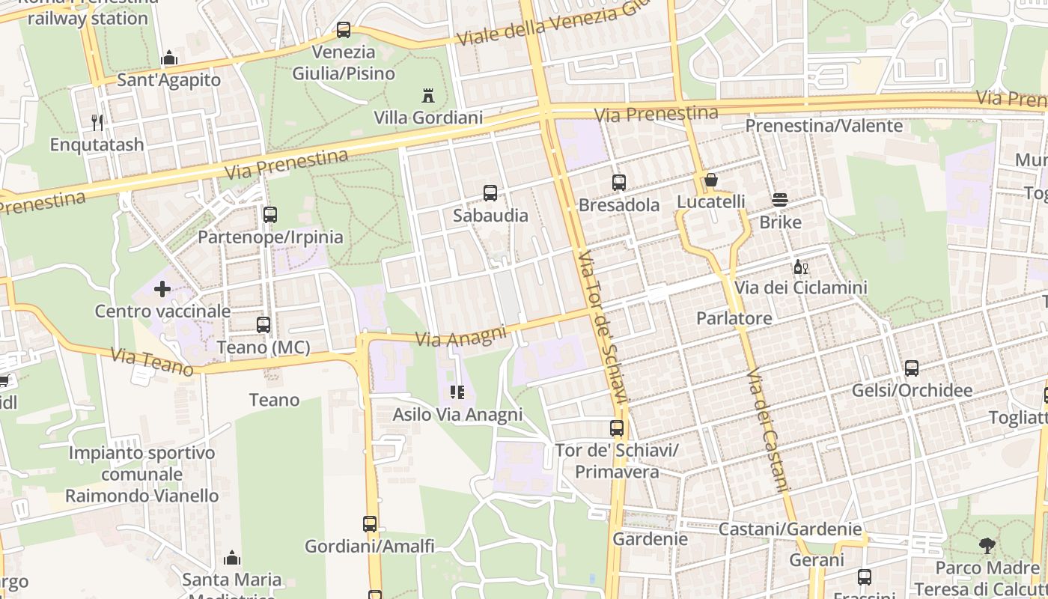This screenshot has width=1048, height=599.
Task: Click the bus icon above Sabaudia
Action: tap(490, 193)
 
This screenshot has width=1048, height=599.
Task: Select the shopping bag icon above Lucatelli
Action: tap(711, 180)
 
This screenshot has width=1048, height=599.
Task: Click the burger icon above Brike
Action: tap(780, 200)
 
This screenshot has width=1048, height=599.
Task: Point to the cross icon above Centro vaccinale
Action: tap(162, 288)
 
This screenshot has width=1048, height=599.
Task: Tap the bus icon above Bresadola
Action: tap(619, 182)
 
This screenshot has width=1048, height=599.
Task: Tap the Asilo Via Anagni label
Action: tap(457, 414)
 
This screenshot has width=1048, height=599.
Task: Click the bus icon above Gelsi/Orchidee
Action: tap(912, 368)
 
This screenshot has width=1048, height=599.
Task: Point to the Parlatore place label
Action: tap(734, 318)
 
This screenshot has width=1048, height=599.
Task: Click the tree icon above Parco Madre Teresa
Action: tap(987, 546)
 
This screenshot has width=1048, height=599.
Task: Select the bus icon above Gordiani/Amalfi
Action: tap(370, 524)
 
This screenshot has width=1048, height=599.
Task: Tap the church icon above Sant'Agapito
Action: tap(169, 58)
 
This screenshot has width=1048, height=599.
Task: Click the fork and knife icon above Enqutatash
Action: tap(97, 122)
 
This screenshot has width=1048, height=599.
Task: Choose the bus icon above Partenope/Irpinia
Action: tap(270, 215)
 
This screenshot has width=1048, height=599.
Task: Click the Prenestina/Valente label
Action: tap(824, 126)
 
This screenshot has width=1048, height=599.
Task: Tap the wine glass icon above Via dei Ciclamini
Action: tap(800, 267)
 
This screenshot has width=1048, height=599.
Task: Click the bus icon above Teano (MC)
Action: tap(263, 325)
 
